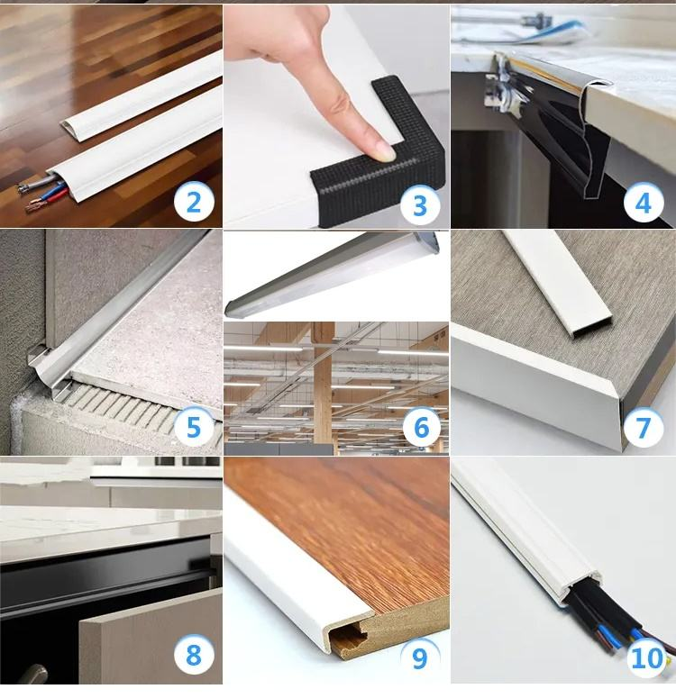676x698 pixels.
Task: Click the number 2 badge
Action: point(194,203)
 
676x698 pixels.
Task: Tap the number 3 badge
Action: point(420,205)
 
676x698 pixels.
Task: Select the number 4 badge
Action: point(643,203)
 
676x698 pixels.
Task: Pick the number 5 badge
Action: point(194,427)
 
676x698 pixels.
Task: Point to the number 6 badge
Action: point(422,427)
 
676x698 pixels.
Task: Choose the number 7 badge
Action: point(643,427)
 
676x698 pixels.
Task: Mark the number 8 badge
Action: point(194,655)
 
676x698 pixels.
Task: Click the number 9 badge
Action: point(420,657)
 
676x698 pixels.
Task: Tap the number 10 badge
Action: point(647,657)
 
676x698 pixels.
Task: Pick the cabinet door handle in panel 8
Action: point(32,673)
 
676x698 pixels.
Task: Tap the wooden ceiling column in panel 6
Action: point(324,383)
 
